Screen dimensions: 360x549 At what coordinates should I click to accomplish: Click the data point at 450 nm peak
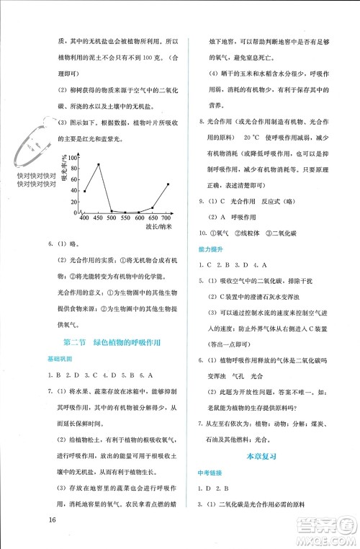pyautogui.click(x=98, y=165)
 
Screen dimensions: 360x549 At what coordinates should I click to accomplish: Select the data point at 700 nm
pyautogui.click(x=167, y=184)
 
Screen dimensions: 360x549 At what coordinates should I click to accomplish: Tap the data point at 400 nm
pyautogui.click(x=84, y=191)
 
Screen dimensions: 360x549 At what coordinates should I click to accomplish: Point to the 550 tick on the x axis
pyautogui.click(x=125, y=218)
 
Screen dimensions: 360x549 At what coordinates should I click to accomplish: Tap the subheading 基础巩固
pyautogui.click(x=60, y=360)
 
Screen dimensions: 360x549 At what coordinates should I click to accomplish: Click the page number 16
pyautogui.click(x=53, y=521)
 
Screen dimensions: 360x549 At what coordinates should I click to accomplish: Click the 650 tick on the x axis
pyautogui.click(x=153, y=218)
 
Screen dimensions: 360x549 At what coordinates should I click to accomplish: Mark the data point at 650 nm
pyautogui.click(x=153, y=208)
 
